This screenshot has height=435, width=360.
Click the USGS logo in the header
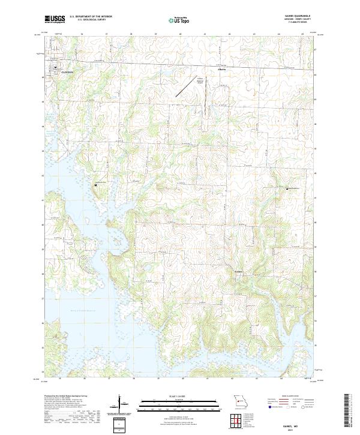[x=55, y=19]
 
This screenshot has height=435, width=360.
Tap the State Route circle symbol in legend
[x=304, y=407]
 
